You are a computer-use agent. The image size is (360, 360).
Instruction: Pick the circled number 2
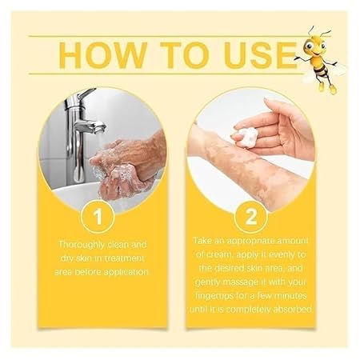tap(250, 217)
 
